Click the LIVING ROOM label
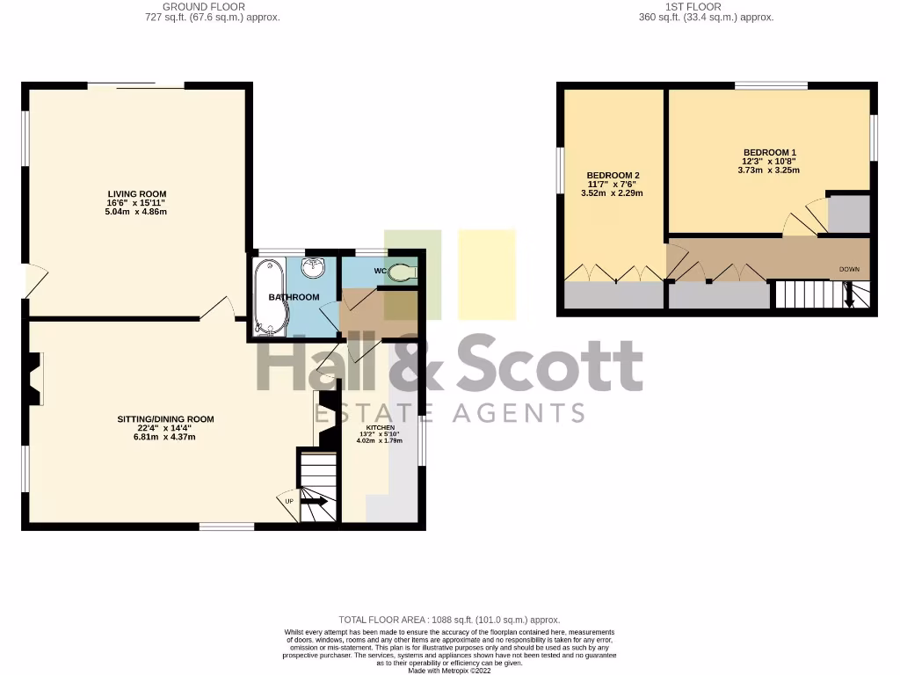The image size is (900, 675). pos(137,194)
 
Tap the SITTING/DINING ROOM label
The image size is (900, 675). pos(166,419)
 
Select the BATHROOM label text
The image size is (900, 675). pos(294,297)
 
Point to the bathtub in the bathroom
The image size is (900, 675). pos(265,297)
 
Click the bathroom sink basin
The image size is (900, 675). pos(313,267)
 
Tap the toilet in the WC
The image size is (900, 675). pos(403,272)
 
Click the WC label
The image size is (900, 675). pos(381,270)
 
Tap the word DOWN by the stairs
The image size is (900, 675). pos(849,269)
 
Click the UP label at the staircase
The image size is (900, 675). pos(288,501)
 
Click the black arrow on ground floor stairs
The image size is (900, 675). pos(314,502)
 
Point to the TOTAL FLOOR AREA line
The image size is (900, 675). pos(449,620)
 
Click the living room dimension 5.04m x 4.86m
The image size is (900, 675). pos(137,212)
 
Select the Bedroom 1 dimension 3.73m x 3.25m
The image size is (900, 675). pos(769,171)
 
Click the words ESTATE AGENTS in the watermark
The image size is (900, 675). pos(450,413)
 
